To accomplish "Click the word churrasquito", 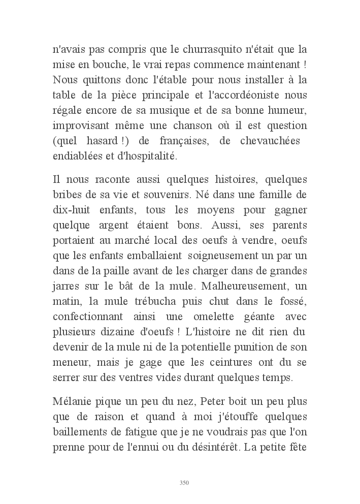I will tap(193, 51).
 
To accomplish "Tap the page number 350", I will tap(184, 483).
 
